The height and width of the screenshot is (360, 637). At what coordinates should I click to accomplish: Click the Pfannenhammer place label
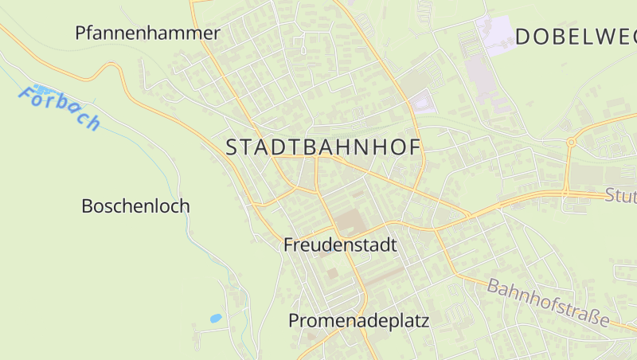click(x=147, y=33)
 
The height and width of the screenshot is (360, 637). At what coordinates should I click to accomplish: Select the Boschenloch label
click(x=135, y=206)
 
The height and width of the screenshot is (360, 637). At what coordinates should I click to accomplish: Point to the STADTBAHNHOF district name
click(x=323, y=147)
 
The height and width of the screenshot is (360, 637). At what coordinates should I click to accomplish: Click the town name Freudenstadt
click(x=340, y=245)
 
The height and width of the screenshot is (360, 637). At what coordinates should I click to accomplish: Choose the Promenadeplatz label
click(x=358, y=322)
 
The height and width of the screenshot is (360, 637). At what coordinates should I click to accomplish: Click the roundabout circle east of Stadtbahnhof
click(x=571, y=143)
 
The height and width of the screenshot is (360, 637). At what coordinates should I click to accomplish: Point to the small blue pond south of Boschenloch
click(x=215, y=319)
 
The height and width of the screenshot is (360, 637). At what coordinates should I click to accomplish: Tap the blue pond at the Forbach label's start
click(x=40, y=90)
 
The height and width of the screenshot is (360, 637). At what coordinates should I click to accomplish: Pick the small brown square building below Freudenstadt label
click(x=332, y=273)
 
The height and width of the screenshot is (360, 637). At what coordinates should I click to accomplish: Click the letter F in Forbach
click(x=28, y=95)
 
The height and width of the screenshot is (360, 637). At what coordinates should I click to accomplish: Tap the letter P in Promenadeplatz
click(x=294, y=322)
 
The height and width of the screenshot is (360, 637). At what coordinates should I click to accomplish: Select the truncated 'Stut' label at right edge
click(x=620, y=196)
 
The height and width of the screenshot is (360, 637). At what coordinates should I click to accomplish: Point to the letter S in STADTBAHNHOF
click(x=233, y=147)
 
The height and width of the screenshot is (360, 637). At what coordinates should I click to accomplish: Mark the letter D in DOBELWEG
click(x=524, y=37)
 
